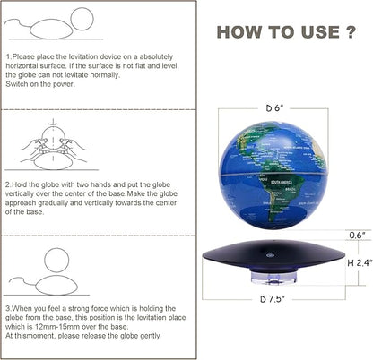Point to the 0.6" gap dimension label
pos(357,236)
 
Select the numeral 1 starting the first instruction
pos(7,56)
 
